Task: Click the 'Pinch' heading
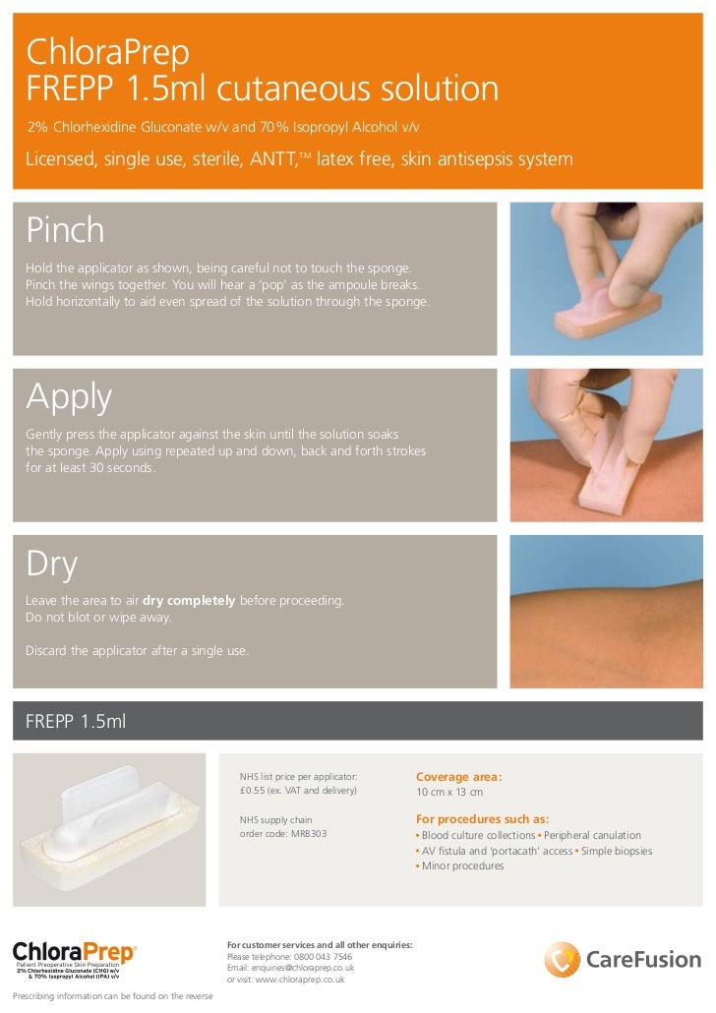[65, 230]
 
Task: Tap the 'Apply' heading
[69, 396]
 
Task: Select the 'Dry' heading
[51, 564]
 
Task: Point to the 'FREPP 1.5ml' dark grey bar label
[76, 722]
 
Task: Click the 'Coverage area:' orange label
[458, 776]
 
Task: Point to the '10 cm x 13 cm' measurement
[449, 792]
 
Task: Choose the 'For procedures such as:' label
[482, 819]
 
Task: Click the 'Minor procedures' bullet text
[462, 865]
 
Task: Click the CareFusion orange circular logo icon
[563, 960]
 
